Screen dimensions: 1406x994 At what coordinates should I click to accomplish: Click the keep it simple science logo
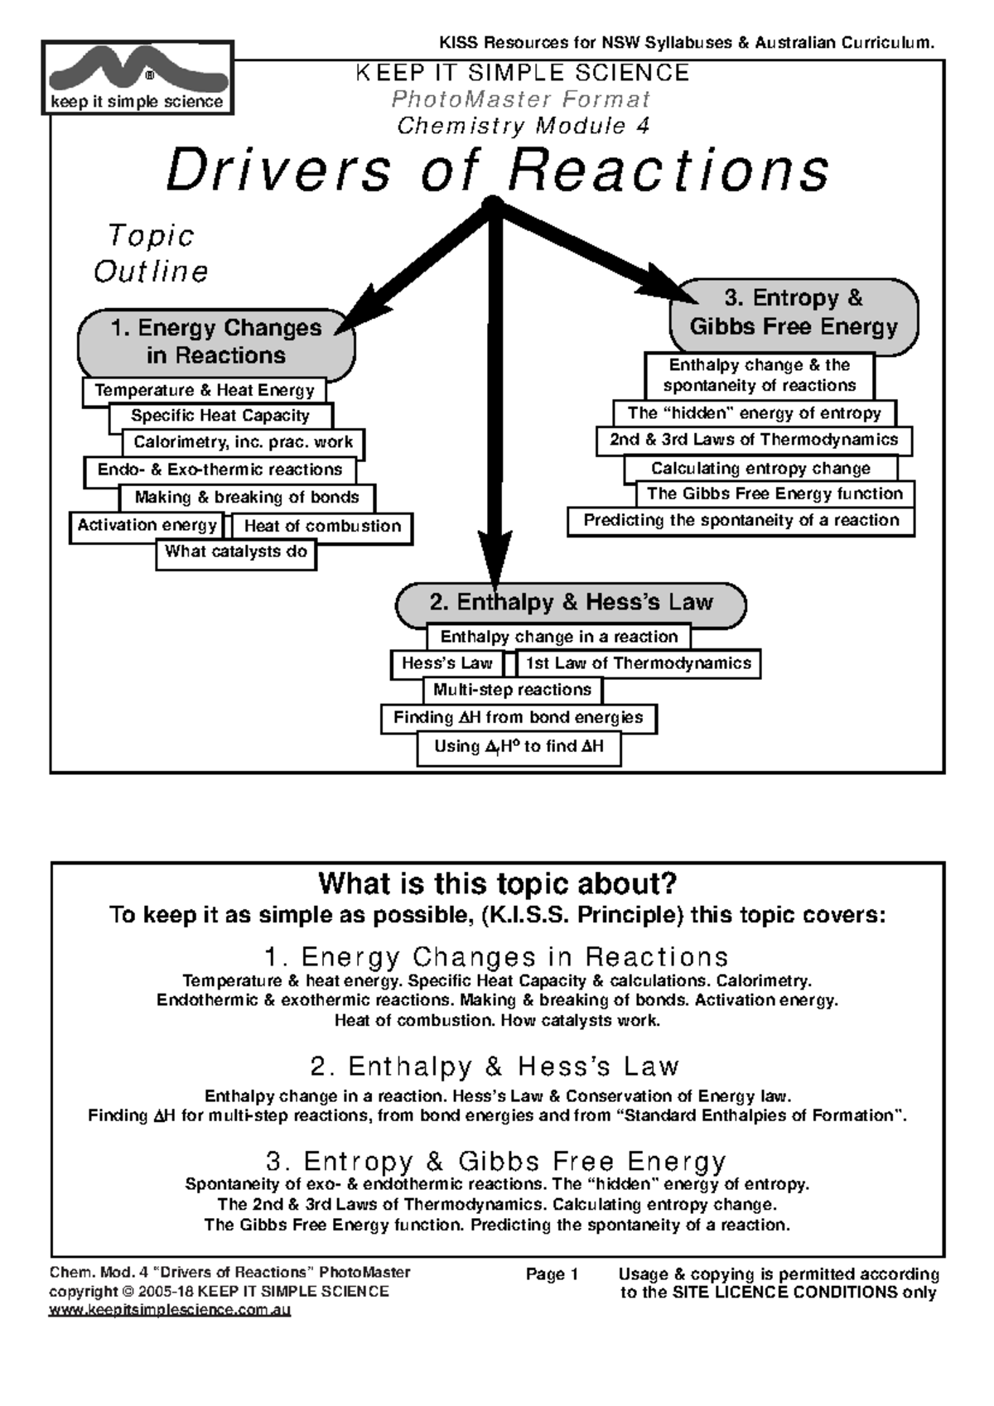(x=138, y=78)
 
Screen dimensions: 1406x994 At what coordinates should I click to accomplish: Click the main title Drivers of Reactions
(x=497, y=170)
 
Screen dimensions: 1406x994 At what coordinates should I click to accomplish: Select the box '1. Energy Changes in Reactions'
(x=216, y=342)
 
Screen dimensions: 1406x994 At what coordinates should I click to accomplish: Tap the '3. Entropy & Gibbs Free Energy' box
(x=794, y=312)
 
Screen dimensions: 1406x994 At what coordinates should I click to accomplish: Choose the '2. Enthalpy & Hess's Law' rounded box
(x=571, y=603)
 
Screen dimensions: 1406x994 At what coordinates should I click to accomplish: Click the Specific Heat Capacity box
(x=220, y=416)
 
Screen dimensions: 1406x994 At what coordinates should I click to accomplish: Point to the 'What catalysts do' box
(x=236, y=552)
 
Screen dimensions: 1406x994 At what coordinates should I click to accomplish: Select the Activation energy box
(x=147, y=526)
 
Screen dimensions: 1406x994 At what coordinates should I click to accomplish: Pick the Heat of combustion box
(x=322, y=527)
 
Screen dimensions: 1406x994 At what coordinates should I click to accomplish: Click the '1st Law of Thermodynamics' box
(x=638, y=663)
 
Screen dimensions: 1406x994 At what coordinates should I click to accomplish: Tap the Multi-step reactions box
(x=512, y=690)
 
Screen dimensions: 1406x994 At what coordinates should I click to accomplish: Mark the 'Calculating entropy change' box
(x=760, y=469)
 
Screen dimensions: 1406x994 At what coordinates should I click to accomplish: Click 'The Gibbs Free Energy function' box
(x=774, y=494)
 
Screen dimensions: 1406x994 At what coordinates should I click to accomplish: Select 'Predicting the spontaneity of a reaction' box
(x=741, y=521)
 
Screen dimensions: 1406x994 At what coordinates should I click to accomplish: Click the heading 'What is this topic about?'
(x=497, y=884)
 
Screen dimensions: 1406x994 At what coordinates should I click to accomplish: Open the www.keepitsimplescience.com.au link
(x=170, y=1311)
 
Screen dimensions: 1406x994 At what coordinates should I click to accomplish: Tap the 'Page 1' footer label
(x=552, y=1274)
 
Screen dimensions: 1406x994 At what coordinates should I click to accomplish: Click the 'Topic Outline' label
(x=151, y=253)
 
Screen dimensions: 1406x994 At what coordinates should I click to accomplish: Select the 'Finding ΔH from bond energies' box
(x=519, y=718)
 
